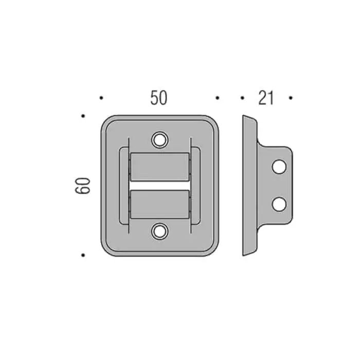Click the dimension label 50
pos(159,98)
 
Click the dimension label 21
pos(266,98)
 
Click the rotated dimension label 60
pos(83,186)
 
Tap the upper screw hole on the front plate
pos(160,139)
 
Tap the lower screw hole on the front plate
pos(160,231)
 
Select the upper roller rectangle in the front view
pos(160,167)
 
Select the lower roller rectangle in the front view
pos(160,204)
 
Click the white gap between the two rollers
pos(160,186)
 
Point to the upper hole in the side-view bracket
pos(279,167)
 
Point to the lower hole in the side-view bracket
pos(279,204)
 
